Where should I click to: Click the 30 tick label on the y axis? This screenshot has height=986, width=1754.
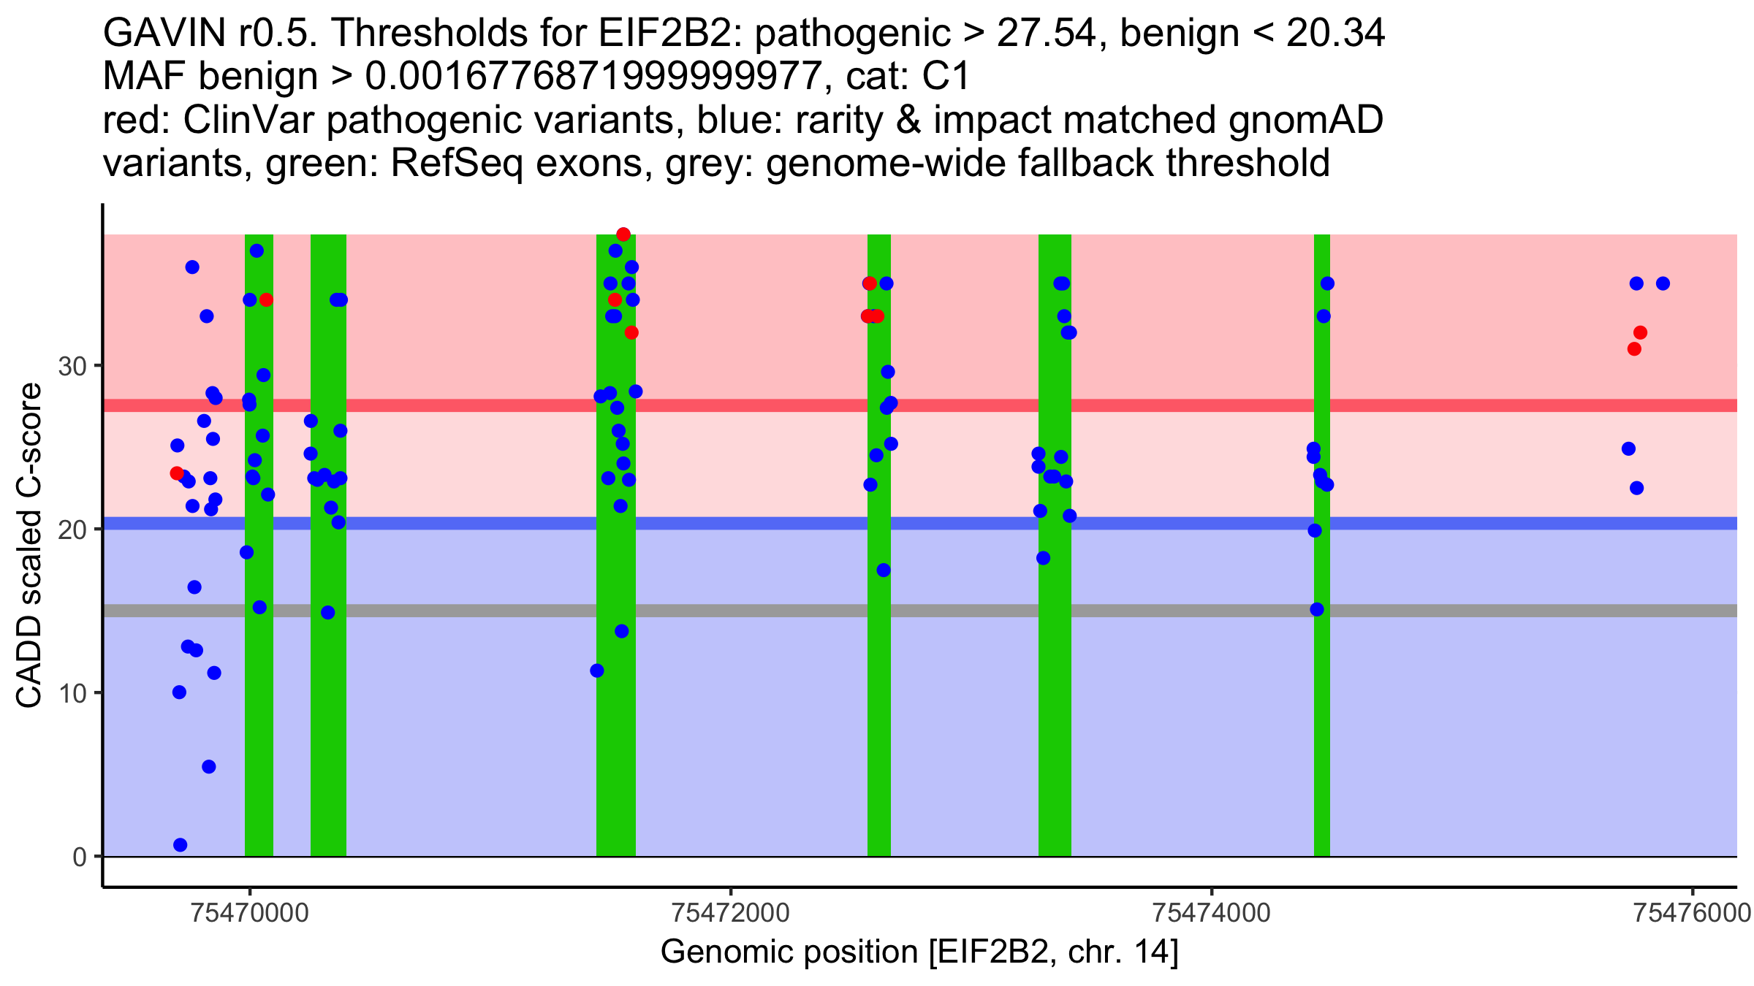[72, 366]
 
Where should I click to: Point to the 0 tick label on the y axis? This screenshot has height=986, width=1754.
[79, 857]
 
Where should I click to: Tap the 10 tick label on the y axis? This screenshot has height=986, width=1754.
[72, 693]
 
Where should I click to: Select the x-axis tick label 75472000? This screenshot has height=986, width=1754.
[731, 913]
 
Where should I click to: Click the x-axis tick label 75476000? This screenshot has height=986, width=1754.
[1692, 913]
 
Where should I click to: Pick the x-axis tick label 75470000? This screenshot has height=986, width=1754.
[250, 913]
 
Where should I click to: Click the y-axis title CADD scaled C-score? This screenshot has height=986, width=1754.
[29, 546]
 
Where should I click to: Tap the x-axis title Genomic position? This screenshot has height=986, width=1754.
[919, 952]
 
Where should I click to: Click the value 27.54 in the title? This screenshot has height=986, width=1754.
[1047, 33]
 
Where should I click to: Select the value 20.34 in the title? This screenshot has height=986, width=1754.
[1335, 33]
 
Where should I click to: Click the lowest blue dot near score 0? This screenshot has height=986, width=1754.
[181, 845]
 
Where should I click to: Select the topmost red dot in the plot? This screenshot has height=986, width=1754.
[623, 234]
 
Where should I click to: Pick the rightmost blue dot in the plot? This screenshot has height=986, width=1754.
[1663, 283]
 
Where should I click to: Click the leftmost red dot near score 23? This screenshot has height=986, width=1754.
[177, 473]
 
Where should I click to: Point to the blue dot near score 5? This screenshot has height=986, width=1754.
[209, 766]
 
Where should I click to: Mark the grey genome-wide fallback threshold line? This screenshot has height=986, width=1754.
[804, 611]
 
